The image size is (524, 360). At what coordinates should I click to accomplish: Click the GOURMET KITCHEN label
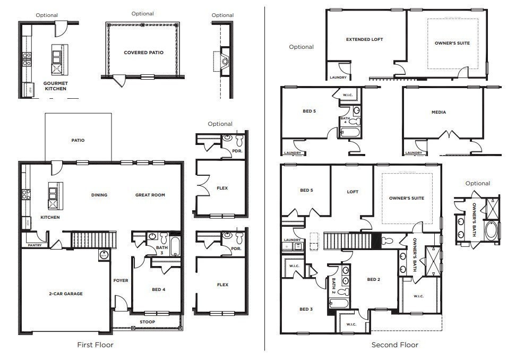(55, 86)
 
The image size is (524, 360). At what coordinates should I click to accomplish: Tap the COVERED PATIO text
(143, 53)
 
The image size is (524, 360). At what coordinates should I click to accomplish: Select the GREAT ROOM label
(150, 195)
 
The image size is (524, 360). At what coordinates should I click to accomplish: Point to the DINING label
(99, 195)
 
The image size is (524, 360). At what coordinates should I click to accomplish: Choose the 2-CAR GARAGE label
(66, 294)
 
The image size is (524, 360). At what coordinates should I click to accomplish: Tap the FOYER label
(121, 280)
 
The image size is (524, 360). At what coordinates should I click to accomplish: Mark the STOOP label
(147, 322)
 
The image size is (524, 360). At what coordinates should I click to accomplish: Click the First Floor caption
(95, 345)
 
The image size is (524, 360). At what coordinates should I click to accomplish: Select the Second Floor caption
(394, 345)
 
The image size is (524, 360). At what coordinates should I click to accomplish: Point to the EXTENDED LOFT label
(364, 39)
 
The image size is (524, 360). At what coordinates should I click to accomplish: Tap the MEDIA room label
(439, 112)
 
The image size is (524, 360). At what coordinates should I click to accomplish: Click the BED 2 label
(373, 279)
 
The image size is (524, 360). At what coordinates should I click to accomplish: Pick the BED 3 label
(305, 309)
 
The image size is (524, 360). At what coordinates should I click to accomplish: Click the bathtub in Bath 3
(176, 247)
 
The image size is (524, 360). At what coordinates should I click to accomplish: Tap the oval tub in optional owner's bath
(492, 230)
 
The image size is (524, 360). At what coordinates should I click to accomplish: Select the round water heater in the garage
(103, 255)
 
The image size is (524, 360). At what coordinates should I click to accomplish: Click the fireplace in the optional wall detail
(225, 59)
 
